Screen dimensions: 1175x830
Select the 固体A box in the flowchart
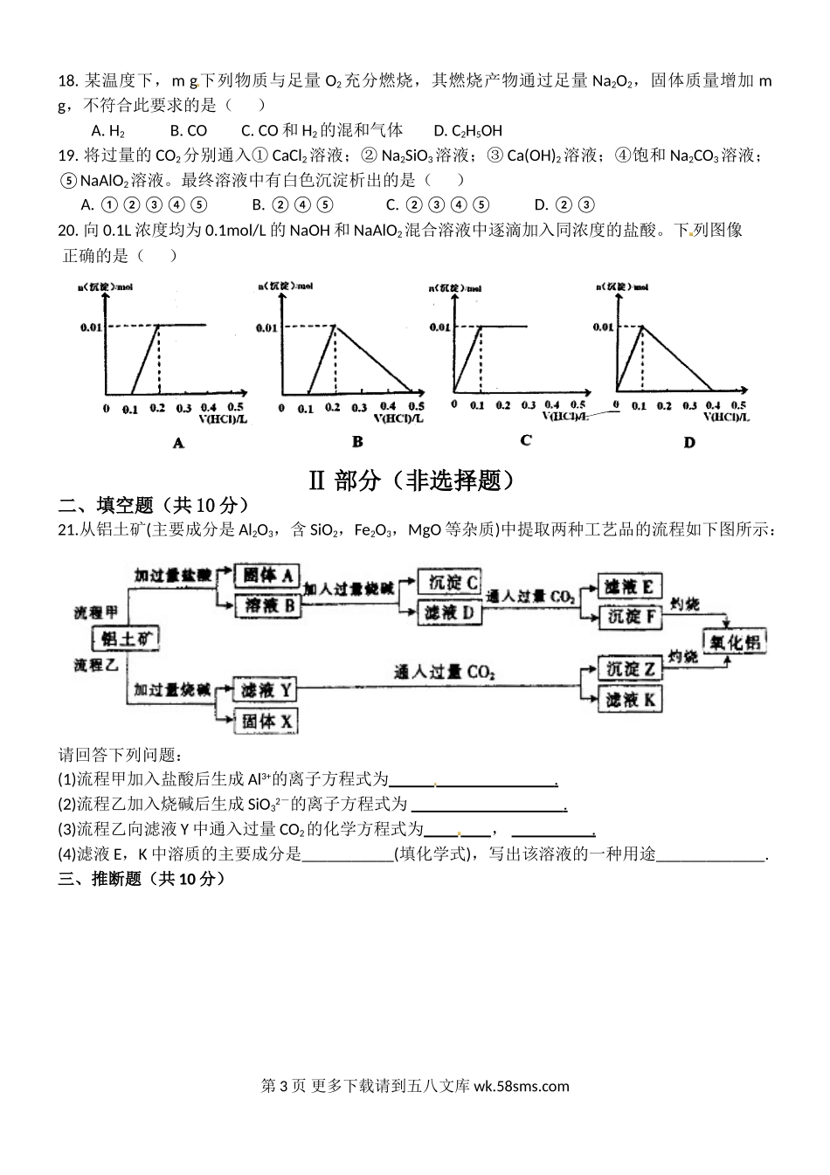(x=267, y=575)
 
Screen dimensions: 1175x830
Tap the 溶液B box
(x=267, y=605)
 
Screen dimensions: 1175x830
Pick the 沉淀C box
(x=451, y=582)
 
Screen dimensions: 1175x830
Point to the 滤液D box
(x=451, y=612)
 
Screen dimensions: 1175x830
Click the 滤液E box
(x=629, y=586)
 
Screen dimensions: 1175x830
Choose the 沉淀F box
(x=629, y=617)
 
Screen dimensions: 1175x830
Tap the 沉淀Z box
(x=629, y=669)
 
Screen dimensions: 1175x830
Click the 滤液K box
(x=629, y=699)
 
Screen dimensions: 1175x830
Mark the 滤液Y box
(x=266, y=690)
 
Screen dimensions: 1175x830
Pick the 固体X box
(x=266, y=721)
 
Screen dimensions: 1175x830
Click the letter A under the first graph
(x=179, y=444)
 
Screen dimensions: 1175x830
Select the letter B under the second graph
(x=357, y=442)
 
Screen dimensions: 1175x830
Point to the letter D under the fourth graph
(x=689, y=443)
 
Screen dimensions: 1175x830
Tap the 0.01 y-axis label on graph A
(x=93, y=328)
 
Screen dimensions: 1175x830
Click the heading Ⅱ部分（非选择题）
(x=414, y=480)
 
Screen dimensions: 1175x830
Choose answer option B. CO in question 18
(x=188, y=131)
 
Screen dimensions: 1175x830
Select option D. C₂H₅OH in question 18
(x=467, y=131)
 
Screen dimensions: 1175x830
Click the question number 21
(x=67, y=530)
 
